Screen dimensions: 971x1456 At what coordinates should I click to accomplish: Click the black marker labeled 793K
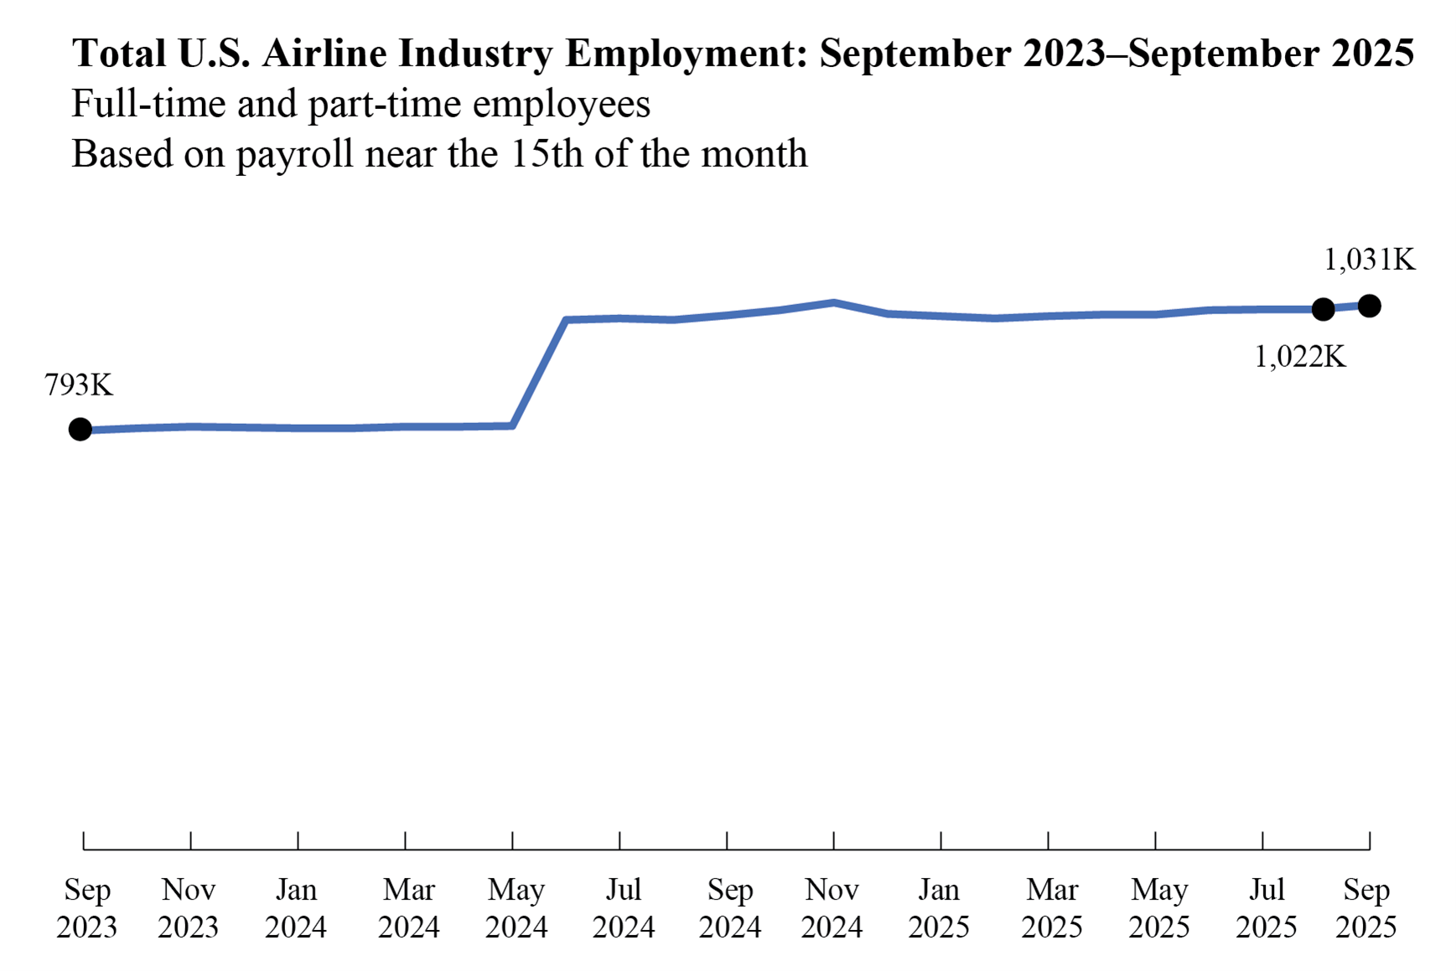80,430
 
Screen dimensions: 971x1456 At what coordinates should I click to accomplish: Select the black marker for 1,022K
1323,309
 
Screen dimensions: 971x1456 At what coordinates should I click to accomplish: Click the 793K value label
79,385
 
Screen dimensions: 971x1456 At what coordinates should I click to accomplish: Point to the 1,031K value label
1369,261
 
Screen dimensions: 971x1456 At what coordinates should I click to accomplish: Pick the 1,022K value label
1299,358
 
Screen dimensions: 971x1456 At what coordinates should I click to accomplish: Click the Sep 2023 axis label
86,908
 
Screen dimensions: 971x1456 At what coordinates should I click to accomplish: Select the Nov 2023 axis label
189,908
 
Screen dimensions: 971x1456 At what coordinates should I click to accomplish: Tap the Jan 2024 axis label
296,908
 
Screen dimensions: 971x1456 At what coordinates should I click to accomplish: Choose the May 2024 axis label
516,908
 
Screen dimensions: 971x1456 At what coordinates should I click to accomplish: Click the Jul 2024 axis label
623,908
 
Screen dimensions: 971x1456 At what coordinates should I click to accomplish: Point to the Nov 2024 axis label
832,908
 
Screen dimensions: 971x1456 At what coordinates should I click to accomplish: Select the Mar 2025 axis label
1051,908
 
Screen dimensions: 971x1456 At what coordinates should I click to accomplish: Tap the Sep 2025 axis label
1365,908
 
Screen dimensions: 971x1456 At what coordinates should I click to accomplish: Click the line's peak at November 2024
833,302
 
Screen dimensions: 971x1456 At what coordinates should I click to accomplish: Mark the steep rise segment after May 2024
540,373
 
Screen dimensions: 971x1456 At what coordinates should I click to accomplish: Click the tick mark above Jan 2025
940,840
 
